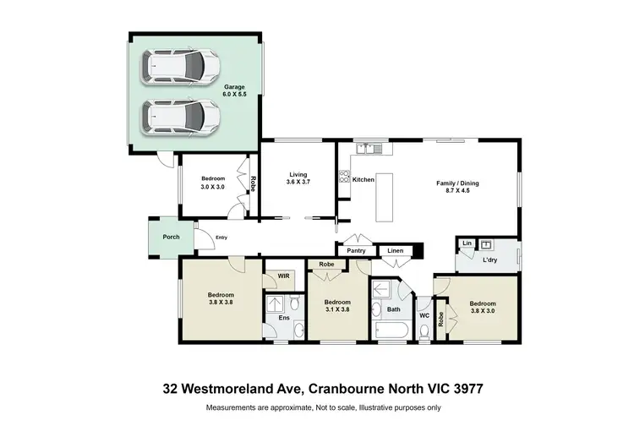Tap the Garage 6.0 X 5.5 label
[x=235, y=91]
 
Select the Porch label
[x=171, y=237]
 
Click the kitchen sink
[x=369, y=149]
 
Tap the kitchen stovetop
[x=344, y=178]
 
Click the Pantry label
[x=357, y=251]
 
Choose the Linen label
[x=396, y=251]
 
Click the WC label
[x=424, y=316]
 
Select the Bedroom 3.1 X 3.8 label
[x=337, y=306]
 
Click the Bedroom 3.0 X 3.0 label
[x=212, y=183]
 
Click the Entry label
[x=221, y=238]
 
